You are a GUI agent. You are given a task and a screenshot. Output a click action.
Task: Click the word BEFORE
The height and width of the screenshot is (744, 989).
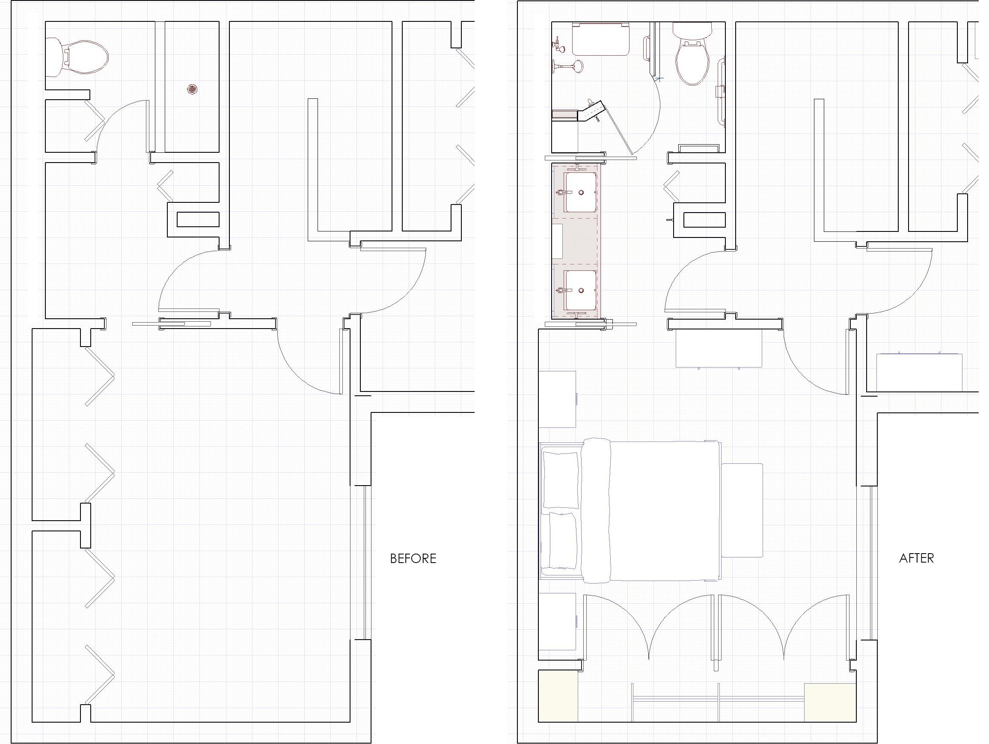click(x=413, y=559)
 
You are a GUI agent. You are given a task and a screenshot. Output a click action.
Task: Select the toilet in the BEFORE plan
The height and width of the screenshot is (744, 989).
click(x=77, y=57)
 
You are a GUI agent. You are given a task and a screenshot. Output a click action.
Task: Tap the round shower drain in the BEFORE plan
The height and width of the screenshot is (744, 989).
click(x=192, y=89)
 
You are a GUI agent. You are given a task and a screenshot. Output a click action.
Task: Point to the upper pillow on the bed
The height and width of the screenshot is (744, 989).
click(x=561, y=480)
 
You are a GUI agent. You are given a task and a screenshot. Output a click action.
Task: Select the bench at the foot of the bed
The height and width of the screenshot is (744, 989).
click(x=742, y=510)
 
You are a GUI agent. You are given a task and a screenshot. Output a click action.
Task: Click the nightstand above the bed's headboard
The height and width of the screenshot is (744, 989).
click(x=557, y=399)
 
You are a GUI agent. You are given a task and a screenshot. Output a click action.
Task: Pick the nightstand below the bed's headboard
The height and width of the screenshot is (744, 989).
click(x=557, y=622)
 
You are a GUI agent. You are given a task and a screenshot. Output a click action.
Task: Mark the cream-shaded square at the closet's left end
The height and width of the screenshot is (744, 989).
click(x=558, y=696)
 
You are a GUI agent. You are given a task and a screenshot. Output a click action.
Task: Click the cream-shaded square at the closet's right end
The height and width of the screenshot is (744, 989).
click(x=830, y=703)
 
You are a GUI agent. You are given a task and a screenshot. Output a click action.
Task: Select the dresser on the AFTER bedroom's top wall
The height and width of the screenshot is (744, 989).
click(x=719, y=349)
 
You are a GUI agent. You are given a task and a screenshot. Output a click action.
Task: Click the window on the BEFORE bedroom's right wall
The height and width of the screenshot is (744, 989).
click(x=367, y=563)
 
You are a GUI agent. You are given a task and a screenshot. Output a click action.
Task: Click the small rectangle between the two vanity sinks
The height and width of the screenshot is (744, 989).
click(x=557, y=241)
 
